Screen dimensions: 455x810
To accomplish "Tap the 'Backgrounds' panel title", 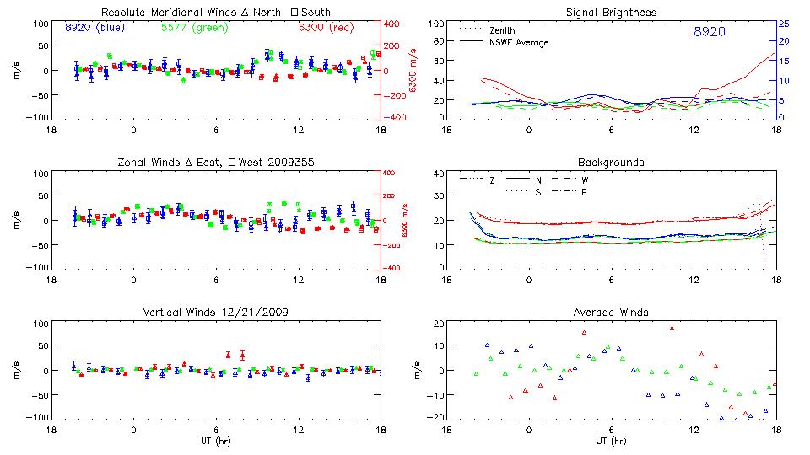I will [612, 162].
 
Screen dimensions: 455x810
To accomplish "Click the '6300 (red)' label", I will [327, 28].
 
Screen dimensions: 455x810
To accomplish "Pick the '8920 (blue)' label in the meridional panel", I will [94, 28].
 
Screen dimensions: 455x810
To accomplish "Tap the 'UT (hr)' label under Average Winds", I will [612, 440].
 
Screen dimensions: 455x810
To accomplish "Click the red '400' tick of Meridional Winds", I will [394, 23].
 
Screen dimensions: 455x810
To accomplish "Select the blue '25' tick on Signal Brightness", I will [784, 23].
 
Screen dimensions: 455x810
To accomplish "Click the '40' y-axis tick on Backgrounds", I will [440, 174].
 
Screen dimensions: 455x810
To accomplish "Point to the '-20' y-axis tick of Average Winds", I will [437, 418].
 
